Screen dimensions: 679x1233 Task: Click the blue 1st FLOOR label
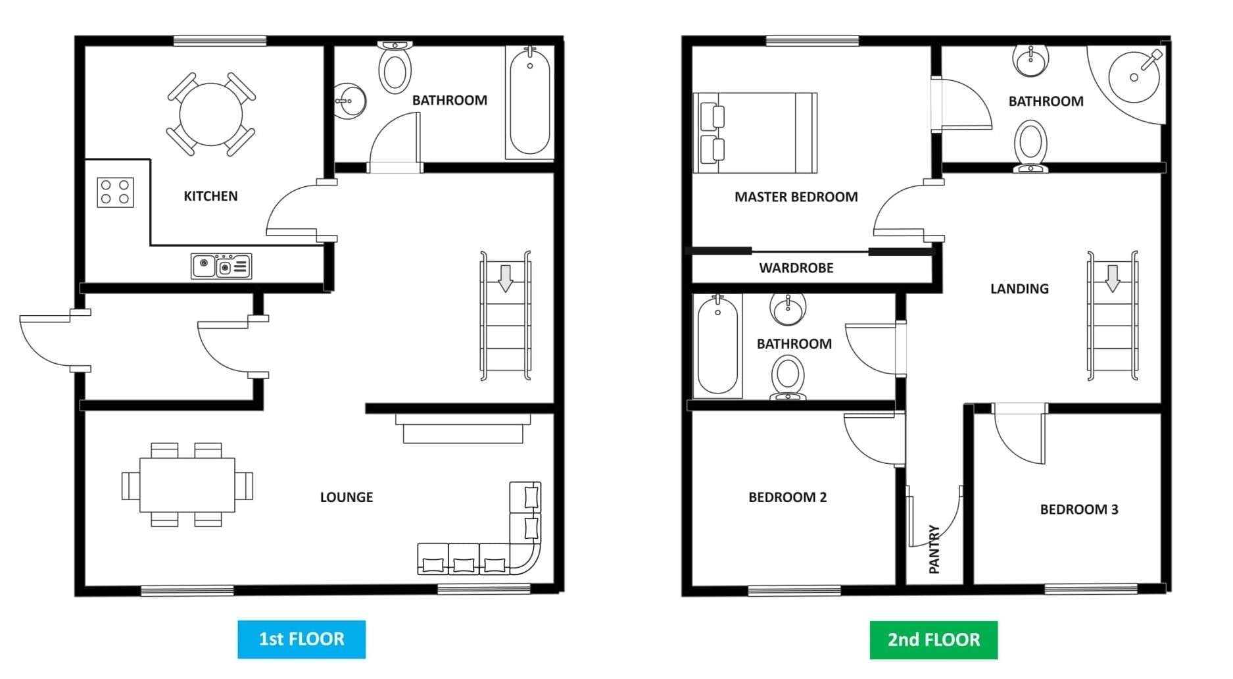click(x=301, y=639)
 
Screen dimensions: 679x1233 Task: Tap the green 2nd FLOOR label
click(x=933, y=640)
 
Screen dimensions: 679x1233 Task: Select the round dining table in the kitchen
click(x=210, y=114)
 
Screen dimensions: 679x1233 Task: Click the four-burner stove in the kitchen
click(x=115, y=192)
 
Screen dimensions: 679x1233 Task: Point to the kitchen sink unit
click(x=221, y=266)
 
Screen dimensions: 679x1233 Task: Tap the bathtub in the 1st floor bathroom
click(x=530, y=103)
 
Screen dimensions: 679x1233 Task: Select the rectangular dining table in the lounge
click(x=187, y=485)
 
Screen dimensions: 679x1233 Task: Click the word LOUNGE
click(x=346, y=497)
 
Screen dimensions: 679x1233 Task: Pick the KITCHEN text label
click(x=210, y=196)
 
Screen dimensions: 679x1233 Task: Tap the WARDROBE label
click(x=796, y=268)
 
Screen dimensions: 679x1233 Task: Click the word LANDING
click(x=1019, y=289)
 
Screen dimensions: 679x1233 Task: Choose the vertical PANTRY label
click(x=934, y=549)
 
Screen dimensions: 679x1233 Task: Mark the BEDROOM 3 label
click(x=1078, y=509)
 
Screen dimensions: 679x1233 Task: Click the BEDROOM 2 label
click(x=787, y=497)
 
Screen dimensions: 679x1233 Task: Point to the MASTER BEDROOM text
click(x=796, y=197)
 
